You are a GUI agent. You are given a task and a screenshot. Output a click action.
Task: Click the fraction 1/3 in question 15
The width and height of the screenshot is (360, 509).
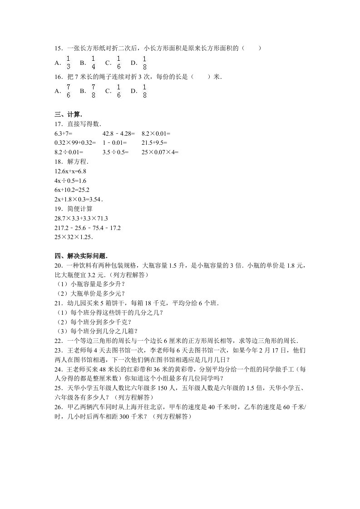[x=68, y=63]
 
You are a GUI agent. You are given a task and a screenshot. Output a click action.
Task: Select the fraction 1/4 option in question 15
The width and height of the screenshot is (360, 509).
[x=93, y=63]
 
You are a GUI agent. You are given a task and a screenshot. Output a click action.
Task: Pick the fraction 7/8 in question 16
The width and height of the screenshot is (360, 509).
[x=93, y=90]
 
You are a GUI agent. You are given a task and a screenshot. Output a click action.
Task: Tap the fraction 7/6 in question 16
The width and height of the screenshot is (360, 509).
[x=68, y=90]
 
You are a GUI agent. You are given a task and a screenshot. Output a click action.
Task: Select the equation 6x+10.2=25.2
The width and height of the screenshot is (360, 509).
[x=71, y=190]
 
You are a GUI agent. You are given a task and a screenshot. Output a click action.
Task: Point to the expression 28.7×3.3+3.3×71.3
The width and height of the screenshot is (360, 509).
[x=80, y=218]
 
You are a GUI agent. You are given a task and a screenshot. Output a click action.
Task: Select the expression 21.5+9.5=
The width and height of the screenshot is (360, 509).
[x=156, y=143]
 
